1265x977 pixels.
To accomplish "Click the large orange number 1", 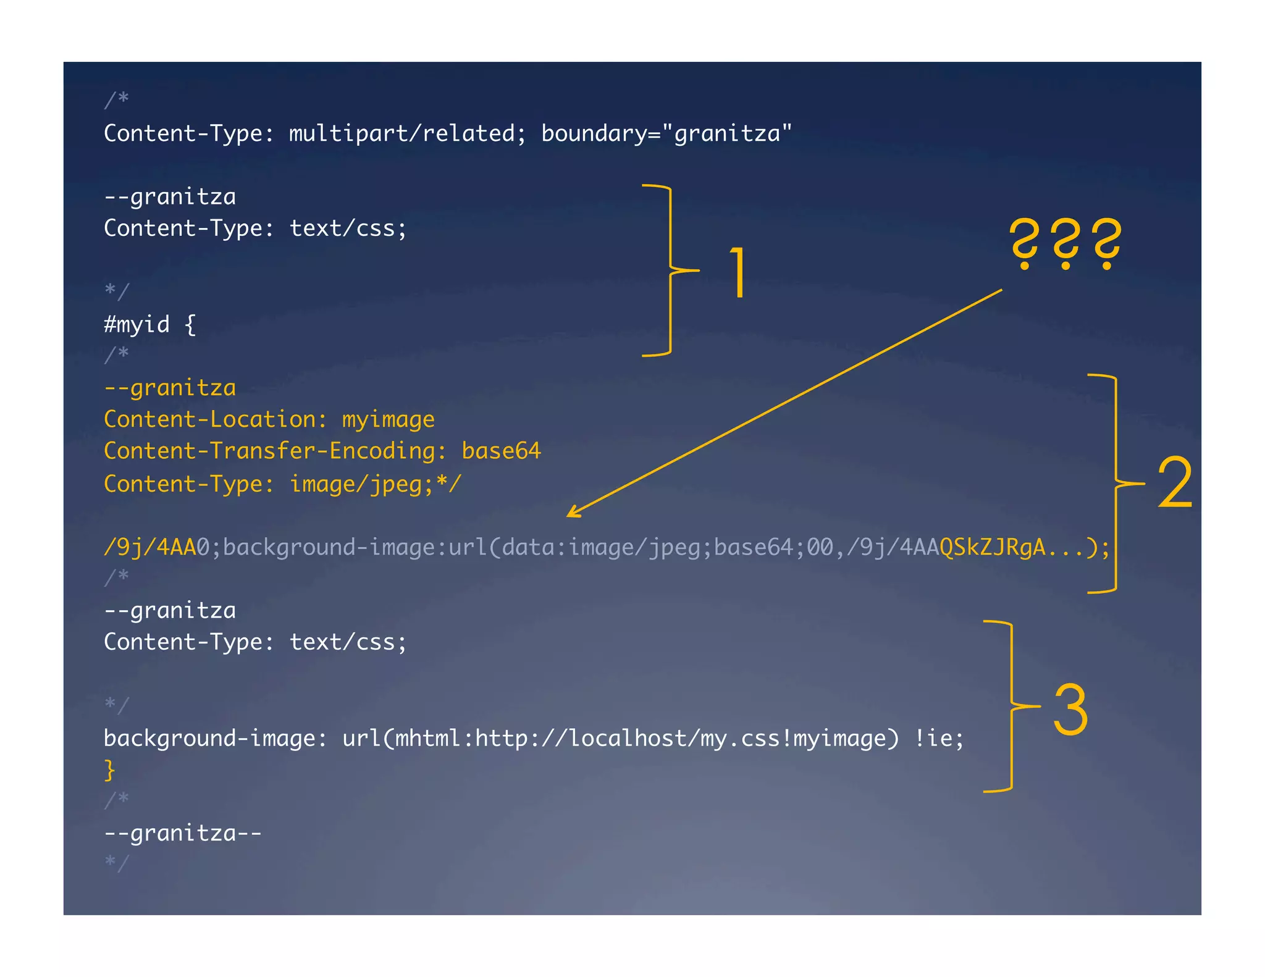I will [x=738, y=272].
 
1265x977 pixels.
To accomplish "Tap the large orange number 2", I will [x=1174, y=483].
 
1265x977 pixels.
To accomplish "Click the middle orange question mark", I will [x=1065, y=243].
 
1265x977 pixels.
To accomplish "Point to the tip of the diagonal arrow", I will [x=569, y=516].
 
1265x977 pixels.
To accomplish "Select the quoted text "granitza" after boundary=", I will [x=726, y=133].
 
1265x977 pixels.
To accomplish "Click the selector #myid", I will [x=137, y=324].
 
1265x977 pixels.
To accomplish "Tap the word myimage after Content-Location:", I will [x=389, y=419].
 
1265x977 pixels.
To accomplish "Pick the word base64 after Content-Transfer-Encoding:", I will [x=501, y=451].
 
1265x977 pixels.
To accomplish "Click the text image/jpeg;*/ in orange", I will [x=376, y=484].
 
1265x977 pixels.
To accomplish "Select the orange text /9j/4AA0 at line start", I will [x=156, y=547].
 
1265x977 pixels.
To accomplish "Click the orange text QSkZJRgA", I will [x=992, y=547].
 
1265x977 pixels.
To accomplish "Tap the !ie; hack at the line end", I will [x=939, y=738].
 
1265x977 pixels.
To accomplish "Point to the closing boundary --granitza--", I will [x=183, y=833].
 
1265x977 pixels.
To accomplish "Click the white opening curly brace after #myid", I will [x=190, y=324].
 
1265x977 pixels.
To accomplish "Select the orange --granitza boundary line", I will [x=170, y=388].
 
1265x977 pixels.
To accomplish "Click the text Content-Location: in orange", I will [x=216, y=419].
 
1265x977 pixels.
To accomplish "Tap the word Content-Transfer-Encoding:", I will [x=275, y=451].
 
